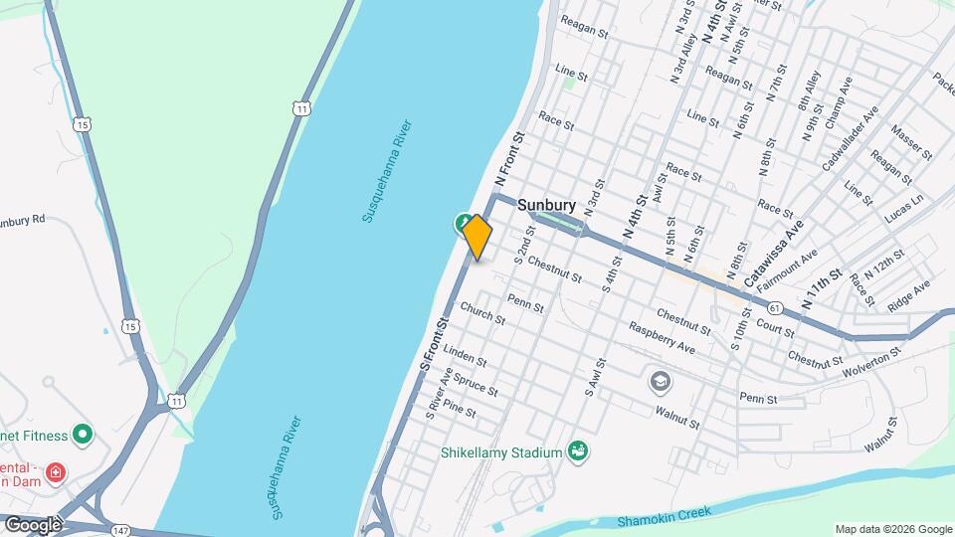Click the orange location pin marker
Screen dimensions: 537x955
tap(477, 237)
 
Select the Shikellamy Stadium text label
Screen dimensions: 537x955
tap(501, 452)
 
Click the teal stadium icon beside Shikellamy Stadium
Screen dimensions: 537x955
tap(576, 452)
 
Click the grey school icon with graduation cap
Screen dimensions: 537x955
tap(659, 381)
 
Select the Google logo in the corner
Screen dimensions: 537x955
tap(33, 524)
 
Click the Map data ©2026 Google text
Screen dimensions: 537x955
tap(892, 529)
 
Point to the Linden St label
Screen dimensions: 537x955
tap(465, 355)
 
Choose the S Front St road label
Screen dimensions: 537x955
tap(435, 344)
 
